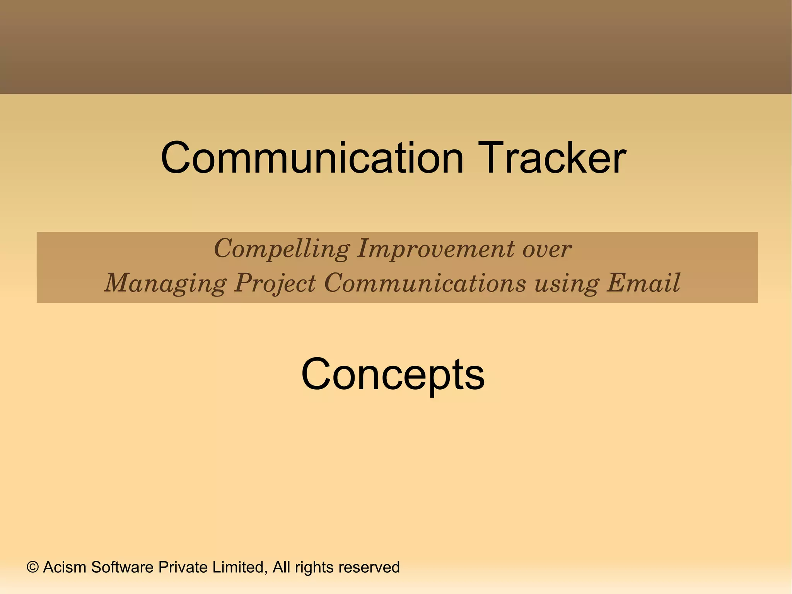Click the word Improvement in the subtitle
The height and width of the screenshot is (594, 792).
[x=436, y=249]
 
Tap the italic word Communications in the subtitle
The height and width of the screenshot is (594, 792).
[x=425, y=283]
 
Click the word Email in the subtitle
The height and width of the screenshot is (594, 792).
[x=643, y=283]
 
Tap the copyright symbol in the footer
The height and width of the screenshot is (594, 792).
[x=33, y=568]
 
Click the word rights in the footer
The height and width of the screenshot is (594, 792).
[x=314, y=568]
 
